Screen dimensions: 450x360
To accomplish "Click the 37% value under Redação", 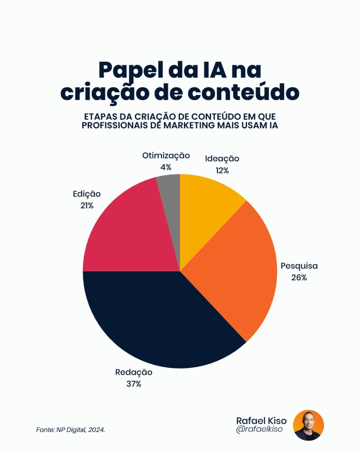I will pos(134,384).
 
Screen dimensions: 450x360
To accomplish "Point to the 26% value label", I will pos(299,278).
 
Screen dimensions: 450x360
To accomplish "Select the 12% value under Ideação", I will pos(222,171).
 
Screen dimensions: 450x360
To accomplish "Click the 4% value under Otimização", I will pos(166,167).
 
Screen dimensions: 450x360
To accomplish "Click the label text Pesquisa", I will pos(299,265).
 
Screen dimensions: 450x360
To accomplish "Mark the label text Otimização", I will pos(166,156).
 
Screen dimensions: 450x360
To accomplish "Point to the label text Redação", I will pos(134,372).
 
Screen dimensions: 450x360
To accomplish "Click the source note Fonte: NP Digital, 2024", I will pos(71,430).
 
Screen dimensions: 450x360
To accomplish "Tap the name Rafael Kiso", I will pos(261,420).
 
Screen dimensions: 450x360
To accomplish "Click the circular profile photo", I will pos(308,425).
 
